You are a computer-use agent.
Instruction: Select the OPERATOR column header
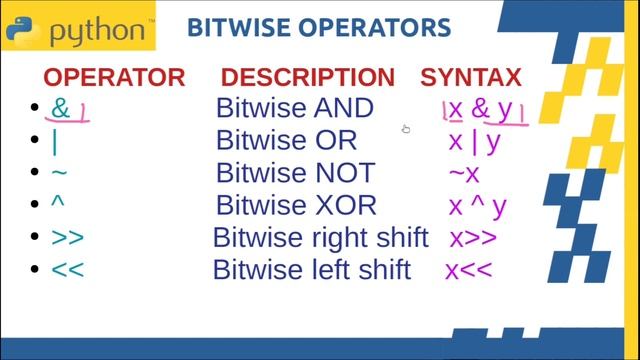point(113,77)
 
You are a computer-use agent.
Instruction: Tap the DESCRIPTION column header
point(307,77)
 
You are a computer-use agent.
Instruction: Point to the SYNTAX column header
point(470,77)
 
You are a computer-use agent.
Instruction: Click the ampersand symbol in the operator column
point(61,108)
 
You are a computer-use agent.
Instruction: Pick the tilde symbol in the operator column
point(59,173)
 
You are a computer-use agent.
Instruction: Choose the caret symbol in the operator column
point(57,204)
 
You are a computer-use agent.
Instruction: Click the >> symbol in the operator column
point(67,239)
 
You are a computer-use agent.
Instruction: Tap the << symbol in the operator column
point(67,270)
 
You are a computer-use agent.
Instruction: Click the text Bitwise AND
point(295,108)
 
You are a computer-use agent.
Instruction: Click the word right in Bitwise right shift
point(339,239)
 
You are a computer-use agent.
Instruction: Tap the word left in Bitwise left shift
point(332,270)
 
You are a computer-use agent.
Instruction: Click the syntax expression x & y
point(483,108)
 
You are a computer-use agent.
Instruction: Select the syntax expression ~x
point(464,174)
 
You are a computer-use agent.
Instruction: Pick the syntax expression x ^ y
point(477,206)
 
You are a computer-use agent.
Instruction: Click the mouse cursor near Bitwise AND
point(406,129)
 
